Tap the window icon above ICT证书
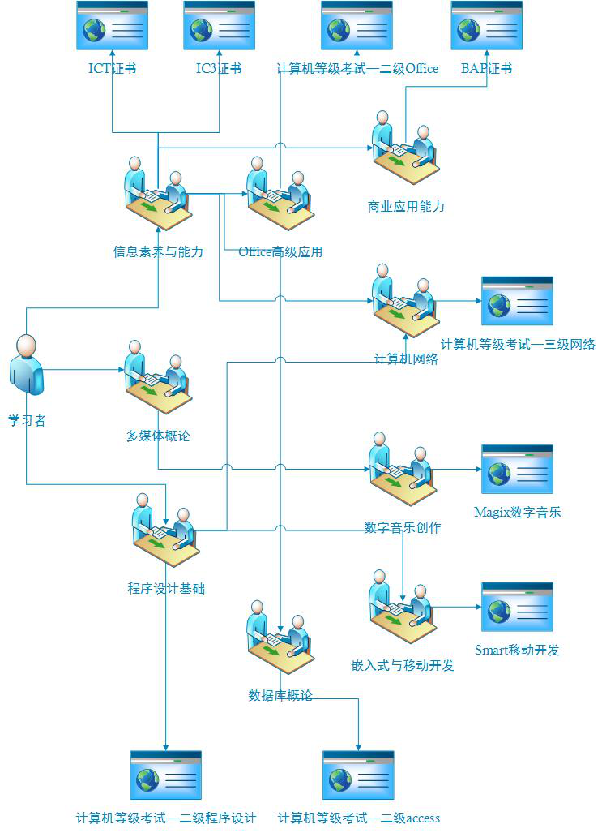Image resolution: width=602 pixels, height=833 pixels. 112,27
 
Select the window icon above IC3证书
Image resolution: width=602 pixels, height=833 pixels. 219,27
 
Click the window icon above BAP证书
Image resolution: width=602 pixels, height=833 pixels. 486,27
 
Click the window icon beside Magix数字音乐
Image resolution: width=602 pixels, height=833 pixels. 517,469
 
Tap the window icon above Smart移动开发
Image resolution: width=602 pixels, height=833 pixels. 517,607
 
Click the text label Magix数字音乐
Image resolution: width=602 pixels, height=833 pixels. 518,513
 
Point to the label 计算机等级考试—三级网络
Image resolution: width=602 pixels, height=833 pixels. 518,345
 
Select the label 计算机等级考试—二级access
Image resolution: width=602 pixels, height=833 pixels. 359,818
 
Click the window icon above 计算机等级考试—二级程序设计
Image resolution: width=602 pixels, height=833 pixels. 165,775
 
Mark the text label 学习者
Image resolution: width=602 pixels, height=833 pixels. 27,421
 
